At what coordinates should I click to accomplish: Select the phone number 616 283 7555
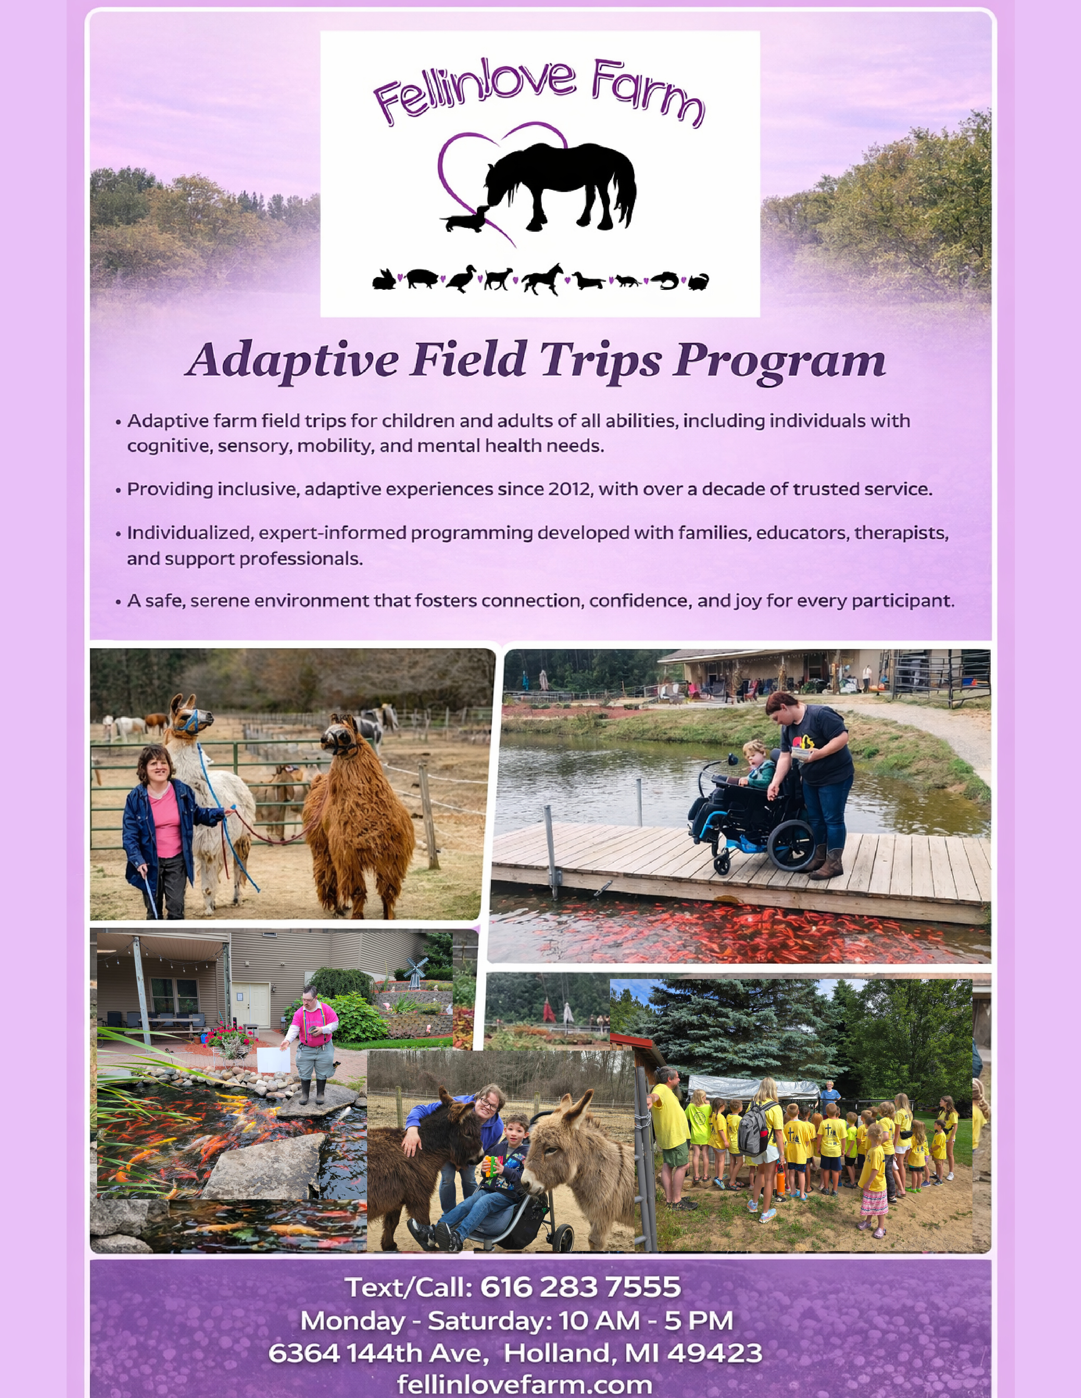tap(580, 1287)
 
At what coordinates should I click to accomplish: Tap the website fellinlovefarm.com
tap(524, 1384)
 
